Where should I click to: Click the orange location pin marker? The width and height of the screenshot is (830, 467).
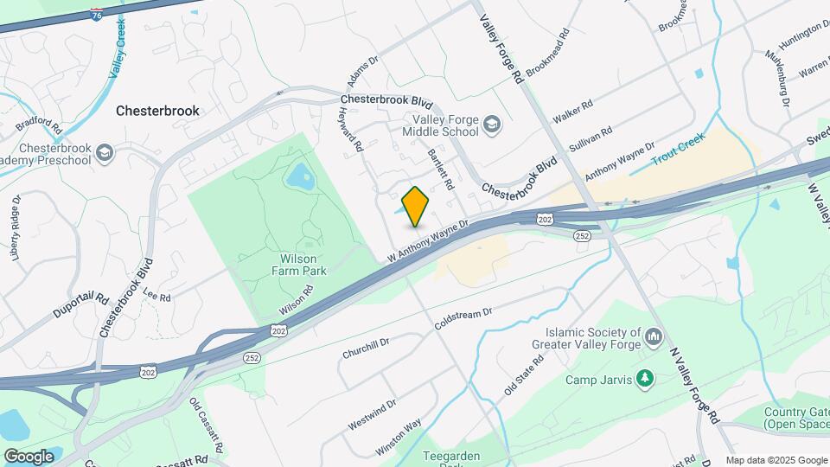click(416, 207)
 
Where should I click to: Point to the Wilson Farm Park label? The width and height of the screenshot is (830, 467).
click(286, 265)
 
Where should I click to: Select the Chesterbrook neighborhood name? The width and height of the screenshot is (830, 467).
click(157, 111)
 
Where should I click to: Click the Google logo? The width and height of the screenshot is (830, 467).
click(29, 456)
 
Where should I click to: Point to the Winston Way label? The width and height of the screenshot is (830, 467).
click(399, 437)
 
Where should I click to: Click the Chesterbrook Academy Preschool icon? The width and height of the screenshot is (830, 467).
click(105, 153)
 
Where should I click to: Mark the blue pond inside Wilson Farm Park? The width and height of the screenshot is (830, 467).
click(300, 177)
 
